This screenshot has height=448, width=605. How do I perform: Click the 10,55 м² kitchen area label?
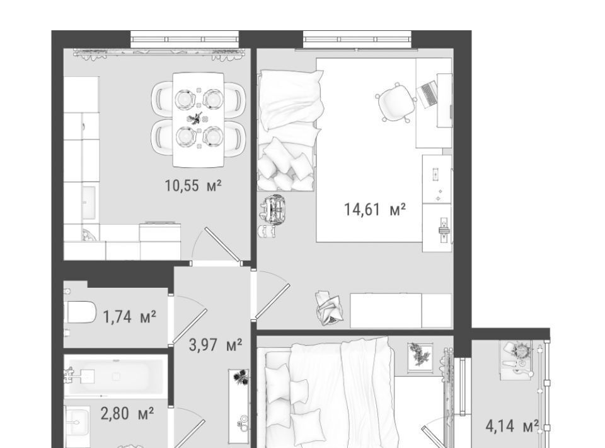193,186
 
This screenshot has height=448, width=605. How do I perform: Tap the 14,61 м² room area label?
374,209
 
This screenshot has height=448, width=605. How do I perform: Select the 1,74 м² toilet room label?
129,317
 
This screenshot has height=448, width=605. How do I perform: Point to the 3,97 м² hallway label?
216,345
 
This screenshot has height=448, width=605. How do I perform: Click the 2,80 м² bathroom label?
127,414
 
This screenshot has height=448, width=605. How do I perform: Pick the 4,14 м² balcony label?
512,427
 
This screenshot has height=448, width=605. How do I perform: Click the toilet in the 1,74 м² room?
80,312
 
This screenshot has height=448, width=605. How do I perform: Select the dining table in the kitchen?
199,120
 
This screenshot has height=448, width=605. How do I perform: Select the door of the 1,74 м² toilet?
190,326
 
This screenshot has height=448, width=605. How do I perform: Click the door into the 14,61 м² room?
272,301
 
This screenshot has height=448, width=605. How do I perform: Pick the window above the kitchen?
185,39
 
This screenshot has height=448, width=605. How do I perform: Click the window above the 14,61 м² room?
357,39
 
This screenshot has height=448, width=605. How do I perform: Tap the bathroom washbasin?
77,422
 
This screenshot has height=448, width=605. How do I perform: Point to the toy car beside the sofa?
275,209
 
